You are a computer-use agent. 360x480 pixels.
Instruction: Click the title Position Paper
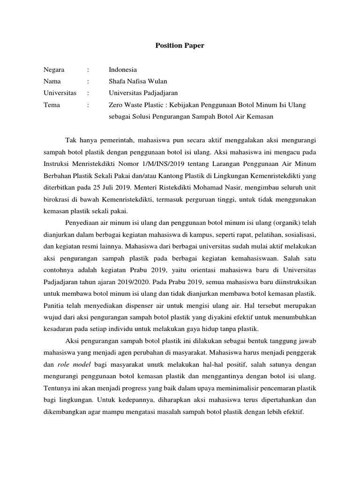point(180,46)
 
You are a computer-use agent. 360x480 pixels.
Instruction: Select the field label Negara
point(54,69)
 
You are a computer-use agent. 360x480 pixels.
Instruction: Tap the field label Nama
point(52,81)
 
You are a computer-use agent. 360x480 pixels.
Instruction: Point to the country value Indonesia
point(123,69)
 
